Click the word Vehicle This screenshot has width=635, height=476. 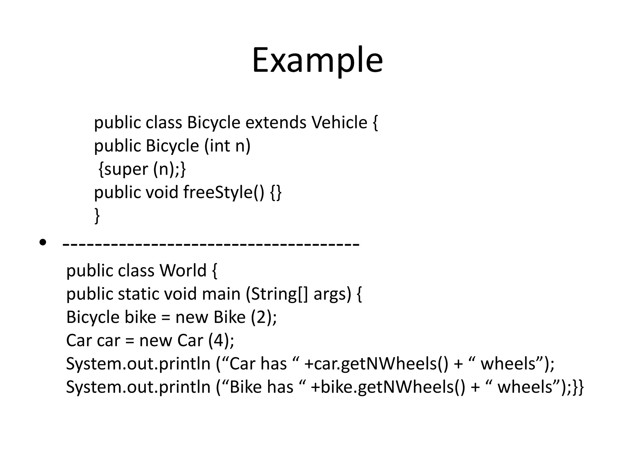click(339, 122)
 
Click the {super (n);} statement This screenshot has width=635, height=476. click(142, 169)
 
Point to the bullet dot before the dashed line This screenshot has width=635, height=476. click(43, 242)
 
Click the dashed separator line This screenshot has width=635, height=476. click(211, 244)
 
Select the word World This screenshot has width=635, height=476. click(183, 271)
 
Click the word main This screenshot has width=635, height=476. click(221, 294)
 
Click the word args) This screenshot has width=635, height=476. click(332, 294)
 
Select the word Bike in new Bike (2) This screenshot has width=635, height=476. click(229, 317)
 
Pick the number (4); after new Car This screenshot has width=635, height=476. click(221, 340)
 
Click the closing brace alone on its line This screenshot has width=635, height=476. click(97, 215)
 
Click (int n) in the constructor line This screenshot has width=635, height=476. click(227, 146)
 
